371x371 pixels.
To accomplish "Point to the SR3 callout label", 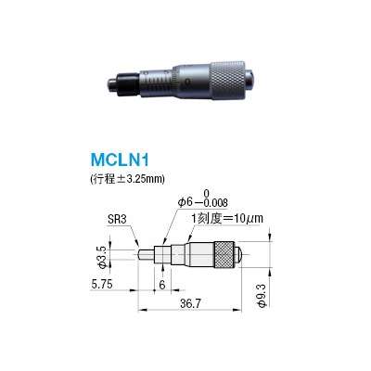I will tap(117, 220).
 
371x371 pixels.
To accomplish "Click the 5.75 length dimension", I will tap(104, 286).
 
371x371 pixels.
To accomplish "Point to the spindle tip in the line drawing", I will tap(142, 251).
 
